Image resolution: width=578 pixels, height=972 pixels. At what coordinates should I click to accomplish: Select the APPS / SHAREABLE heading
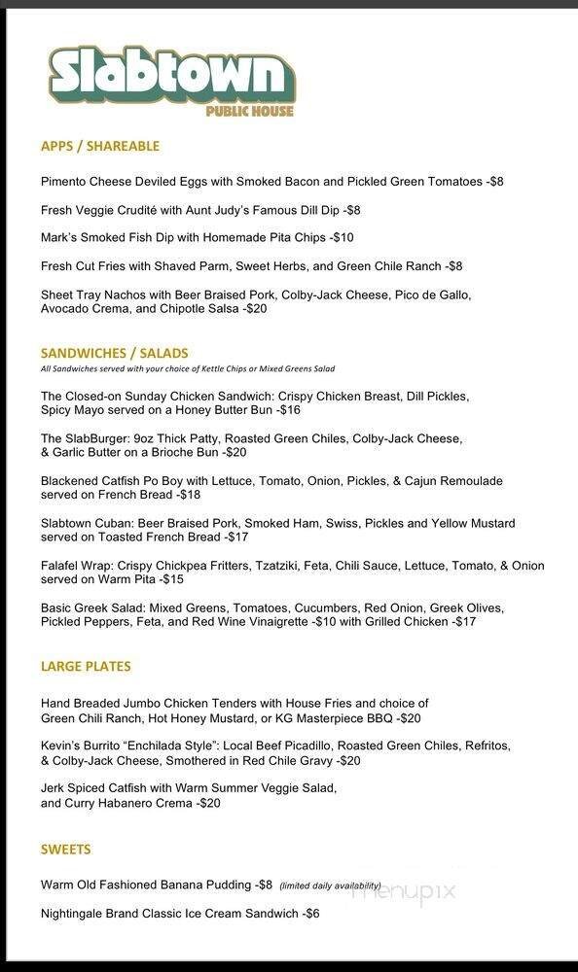pyautogui.click(x=100, y=146)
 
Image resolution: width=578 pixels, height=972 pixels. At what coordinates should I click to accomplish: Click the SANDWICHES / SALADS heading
pyautogui.click(x=115, y=353)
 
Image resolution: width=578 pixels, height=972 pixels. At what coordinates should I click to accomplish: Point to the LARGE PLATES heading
pyautogui.click(x=86, y=667)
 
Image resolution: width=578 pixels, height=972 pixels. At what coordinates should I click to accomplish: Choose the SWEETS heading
pyautogui.click(x=66, y=850)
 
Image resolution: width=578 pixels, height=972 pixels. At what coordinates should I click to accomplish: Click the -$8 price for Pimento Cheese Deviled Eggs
pyautogui.click(x=494, y=182)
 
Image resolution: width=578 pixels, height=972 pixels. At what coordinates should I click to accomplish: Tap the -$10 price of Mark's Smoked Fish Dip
pyautogui.click(x=342, y=237)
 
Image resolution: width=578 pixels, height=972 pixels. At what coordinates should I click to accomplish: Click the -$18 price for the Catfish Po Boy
pyautogui.click(x=186, y=495)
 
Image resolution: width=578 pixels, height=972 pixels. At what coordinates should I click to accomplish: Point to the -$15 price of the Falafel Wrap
pyautogui.click(x=172, y=579)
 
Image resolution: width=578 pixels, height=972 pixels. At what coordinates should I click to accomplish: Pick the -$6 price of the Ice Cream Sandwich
pyautogui.click(x=309, y=914)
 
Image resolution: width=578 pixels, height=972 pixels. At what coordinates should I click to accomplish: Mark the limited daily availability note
pyautogui.click(x=330, y=885)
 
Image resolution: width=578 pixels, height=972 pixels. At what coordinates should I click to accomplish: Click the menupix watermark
pyautogui.click(x=404, y=890)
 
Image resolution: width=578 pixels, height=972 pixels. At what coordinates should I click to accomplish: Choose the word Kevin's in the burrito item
pyautogui.click(x=62, y=746)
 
